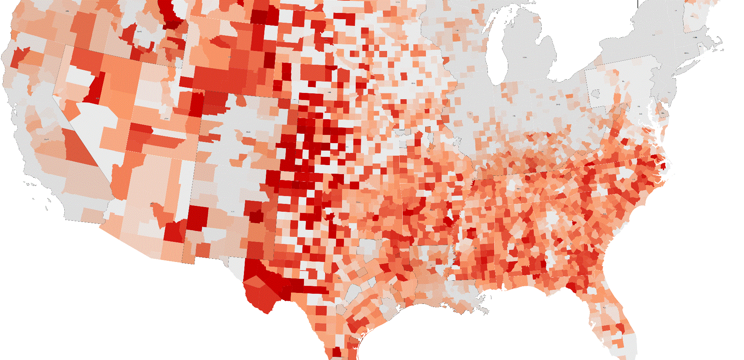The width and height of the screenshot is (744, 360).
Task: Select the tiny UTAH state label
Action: pos(166,118)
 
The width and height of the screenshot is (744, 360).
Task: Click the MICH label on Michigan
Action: pos(524,58)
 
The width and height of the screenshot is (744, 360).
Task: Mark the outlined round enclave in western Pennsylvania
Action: pos(597,93)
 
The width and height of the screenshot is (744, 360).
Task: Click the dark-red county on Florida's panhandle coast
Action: pos(571,288)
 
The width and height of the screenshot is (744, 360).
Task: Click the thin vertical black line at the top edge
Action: pos(638,3)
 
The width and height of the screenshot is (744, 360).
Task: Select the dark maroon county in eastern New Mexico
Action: pos(257,216)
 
